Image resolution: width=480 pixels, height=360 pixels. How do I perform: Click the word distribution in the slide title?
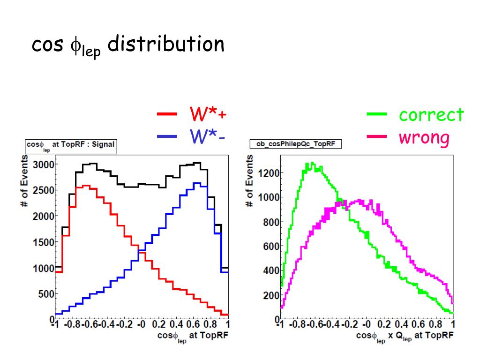(165, 45)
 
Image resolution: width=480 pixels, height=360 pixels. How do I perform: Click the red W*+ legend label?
(208, 114)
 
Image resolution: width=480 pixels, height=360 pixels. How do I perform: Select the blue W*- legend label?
(208, 136)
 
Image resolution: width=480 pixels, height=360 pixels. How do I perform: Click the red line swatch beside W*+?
(167, 114)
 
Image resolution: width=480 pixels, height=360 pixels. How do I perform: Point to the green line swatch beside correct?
(376, 114)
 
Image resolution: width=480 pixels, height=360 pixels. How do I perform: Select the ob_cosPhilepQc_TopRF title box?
(296, 144)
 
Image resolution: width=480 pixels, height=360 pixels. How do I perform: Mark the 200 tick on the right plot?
(270, 295)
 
